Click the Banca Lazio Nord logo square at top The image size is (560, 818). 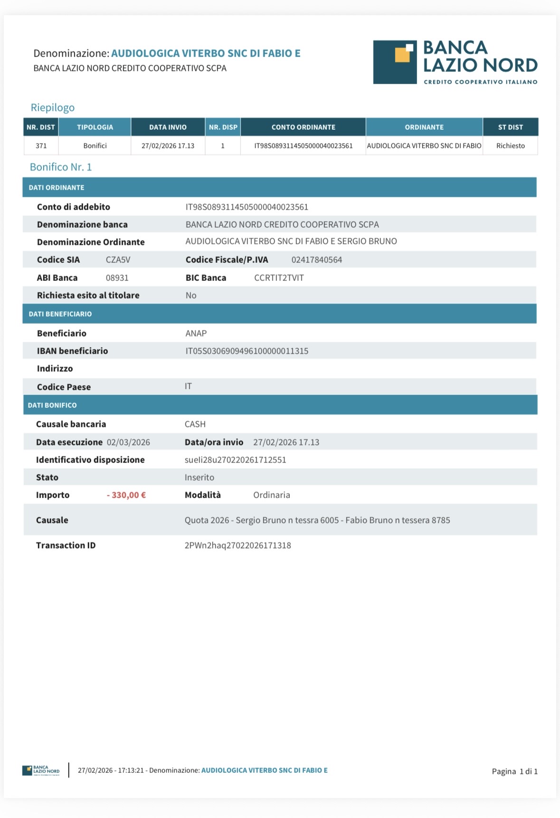[x=395, y=62]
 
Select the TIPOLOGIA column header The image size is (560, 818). [x=95, y=127]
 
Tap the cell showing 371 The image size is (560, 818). [x=41, y=146]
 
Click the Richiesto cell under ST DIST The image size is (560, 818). [x=510, y=146]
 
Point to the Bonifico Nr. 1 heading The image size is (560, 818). [x=61, y=167]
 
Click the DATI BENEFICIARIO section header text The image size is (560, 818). [x=60, y=314]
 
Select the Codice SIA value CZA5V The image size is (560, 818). [x=118, y=260]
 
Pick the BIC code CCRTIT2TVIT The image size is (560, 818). [x=279, y=278]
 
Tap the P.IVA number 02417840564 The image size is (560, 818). [x=316, y=260]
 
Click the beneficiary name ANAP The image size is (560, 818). [x=196, y=334]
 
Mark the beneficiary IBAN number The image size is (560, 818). [x=247, y=351]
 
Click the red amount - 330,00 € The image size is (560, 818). [x=126, y=495]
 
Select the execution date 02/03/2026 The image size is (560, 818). [x=128, y=443]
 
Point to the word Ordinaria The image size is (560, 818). [x=271, y=495]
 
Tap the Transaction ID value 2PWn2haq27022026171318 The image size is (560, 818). [x=237, y=546]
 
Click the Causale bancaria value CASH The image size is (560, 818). [x=195, y=424]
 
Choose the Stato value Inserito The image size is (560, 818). [x=199, y=478]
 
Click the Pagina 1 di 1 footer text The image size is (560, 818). [x=514, y=771]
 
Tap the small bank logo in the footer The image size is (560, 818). [x=41, y=770]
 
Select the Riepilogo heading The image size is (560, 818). [x=53, y=108]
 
